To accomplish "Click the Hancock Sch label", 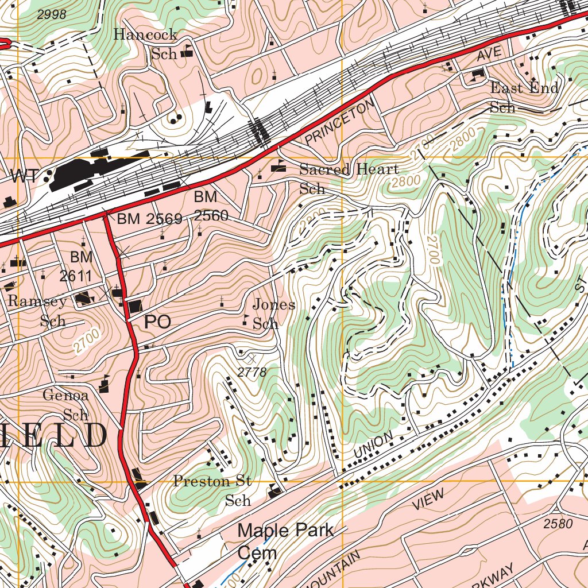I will (x=146, y=43).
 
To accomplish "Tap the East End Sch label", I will (x=524, y=97).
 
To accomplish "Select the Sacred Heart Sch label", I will (x=349, y=179).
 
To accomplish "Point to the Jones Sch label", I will (x=273, y=314).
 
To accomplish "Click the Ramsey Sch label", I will (x=38, y=311).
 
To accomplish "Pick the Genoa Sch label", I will (x=65, y=405).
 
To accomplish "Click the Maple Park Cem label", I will (x=285, y=541).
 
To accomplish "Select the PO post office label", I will (x=157, y=322).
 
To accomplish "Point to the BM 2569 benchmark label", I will (x=149, y=219).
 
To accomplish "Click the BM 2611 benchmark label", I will (x=76, y=266).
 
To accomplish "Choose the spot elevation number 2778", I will (x=252, y=373).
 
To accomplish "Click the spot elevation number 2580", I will (x=558, y=524).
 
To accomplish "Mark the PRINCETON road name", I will (x=340, y=121).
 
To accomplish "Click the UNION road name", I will (x=373, y=445).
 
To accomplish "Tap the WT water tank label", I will (x=26, y=177).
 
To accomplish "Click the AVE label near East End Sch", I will (x=489, y=54).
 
